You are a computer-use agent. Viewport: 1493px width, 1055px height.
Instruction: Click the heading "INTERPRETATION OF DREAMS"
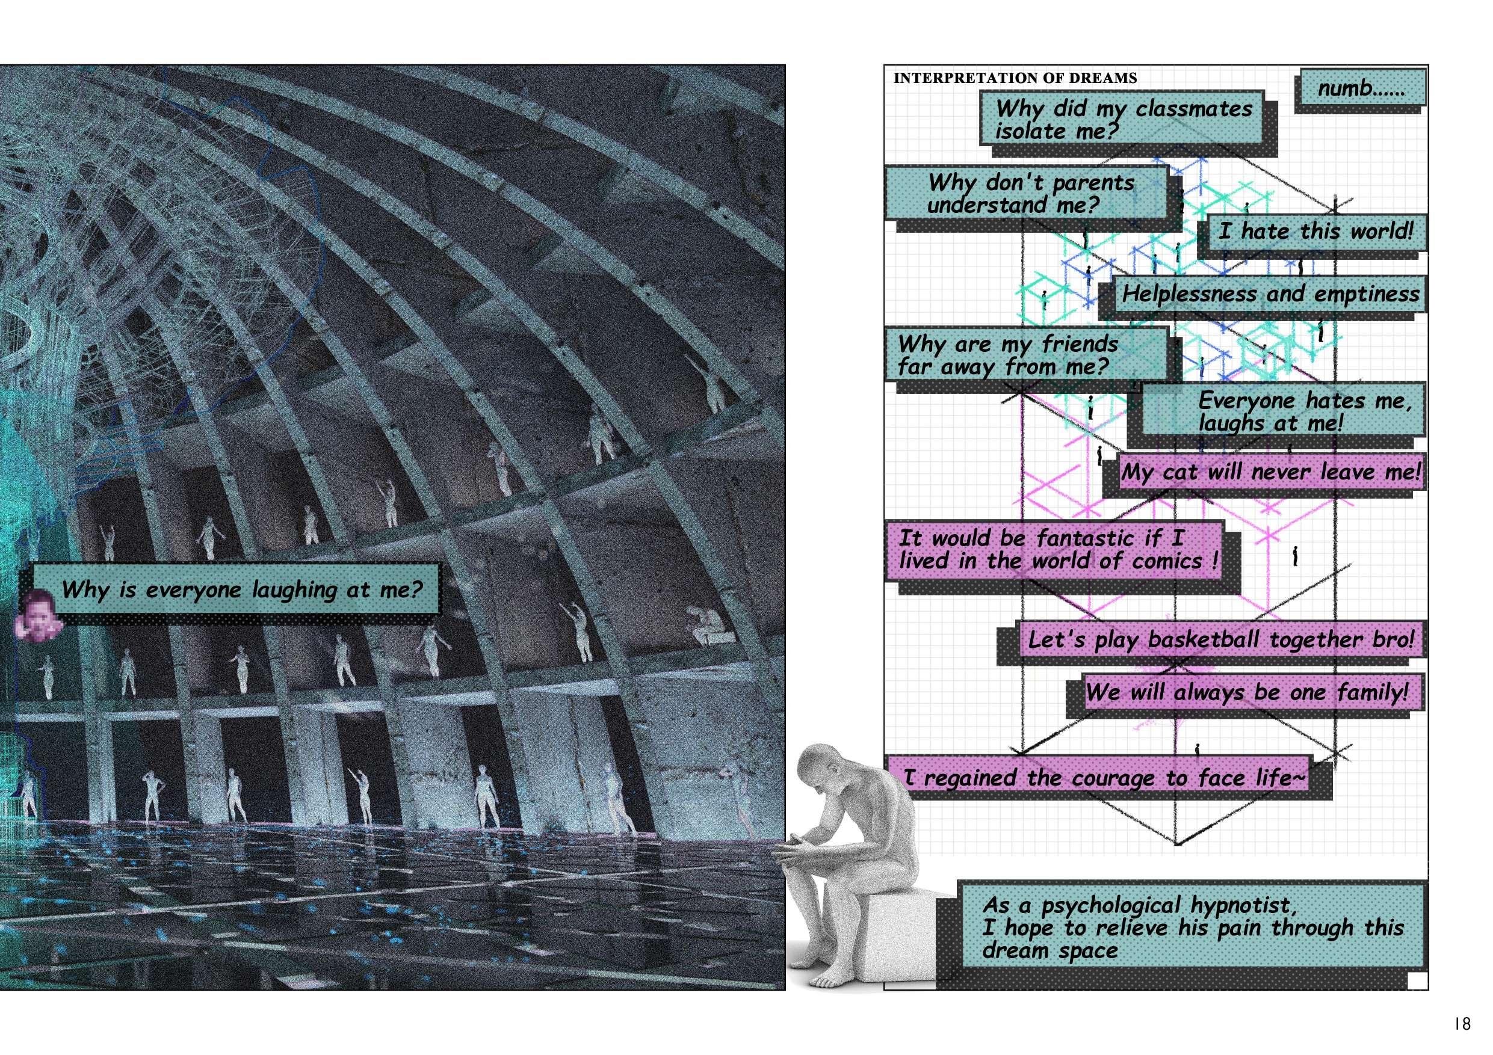pyautogui.click(x=1015, y=79)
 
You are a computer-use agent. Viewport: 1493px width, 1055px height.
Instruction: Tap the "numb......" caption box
pyautogui.click(x=1361, y=88)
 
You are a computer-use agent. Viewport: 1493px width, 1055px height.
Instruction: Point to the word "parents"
pyautogui.click(x=1093, y=183)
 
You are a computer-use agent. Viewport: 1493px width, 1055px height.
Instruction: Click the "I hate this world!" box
pyautogui.click(x=1315, y=232)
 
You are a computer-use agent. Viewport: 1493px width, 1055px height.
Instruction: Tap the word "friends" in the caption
pyautogui.click(x=1080, y=343)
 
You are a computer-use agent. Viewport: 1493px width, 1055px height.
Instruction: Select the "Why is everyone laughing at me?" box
pyautogui.click(x=241, y=589)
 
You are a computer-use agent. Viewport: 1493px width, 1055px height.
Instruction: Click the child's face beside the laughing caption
pyautogui.click(x=38, y=614)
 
